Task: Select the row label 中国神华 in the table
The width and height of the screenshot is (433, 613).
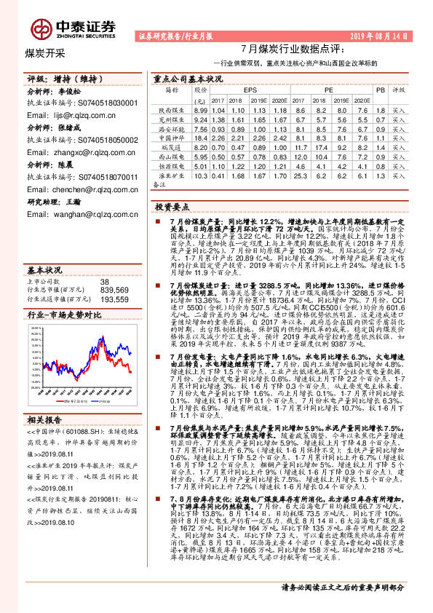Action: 172,138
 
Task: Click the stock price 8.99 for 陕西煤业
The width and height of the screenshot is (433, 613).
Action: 200,108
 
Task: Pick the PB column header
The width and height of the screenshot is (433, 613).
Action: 379,89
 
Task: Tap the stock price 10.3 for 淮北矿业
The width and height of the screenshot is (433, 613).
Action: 200,175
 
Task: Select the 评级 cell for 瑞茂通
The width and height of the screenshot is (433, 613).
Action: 399,147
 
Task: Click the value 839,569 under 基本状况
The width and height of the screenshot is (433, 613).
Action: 114,290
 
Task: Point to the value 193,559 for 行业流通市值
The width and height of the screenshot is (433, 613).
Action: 114,299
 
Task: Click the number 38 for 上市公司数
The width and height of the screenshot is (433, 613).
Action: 104,281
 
